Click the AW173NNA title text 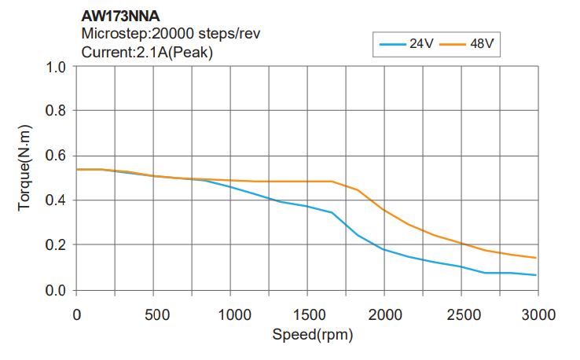tap(120, 15)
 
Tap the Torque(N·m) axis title tap(24, 167)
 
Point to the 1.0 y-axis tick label tap(55, 66)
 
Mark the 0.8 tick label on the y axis tap(55, 111)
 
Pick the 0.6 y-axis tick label tap(55, 156)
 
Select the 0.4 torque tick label tap(55, 200)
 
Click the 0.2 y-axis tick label tap(55, 245)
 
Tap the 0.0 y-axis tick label tap(55, 290)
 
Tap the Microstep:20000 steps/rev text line tap(171, 34)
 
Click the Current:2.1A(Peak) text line tap(147, 53)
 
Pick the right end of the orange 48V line tap(536, 258)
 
